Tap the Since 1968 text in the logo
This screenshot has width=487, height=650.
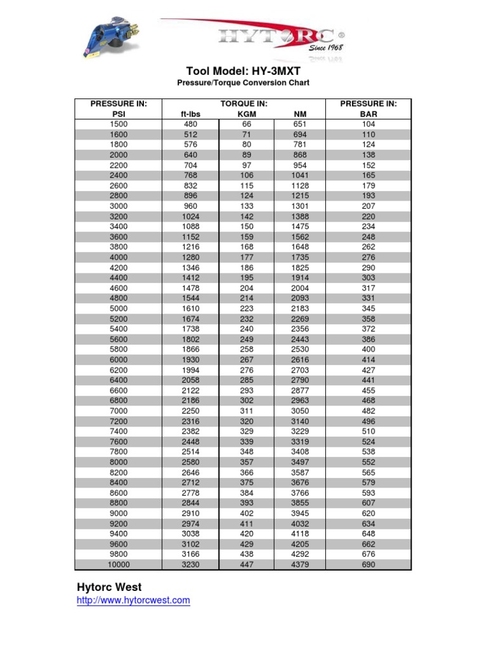[x=326, y=48]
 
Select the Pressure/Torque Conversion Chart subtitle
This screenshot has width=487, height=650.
[x=243, y=83]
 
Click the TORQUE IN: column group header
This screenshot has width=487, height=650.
[x=243, y=103]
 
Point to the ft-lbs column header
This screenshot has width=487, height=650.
[x=190, y=114]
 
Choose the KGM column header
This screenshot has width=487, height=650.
[x=246, y=114]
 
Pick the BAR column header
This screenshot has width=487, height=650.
[x=368, y=114]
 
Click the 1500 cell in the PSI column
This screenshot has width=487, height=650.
[x=119, y=124]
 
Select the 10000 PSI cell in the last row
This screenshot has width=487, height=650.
[x=119, y=564]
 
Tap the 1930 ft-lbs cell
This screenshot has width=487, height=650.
[x=190, y=360]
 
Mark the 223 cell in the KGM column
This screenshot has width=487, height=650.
[x=246, y=308]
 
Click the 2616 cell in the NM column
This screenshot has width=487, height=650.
[x=300, y=360]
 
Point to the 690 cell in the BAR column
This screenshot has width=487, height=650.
[x=368, y=564]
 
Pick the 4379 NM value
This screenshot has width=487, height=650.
[x=300, y=564]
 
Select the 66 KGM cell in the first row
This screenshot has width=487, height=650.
[x=246, y=124]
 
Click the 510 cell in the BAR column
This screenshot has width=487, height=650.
[x=368, y=431]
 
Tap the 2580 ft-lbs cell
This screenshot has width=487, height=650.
[x=190, y=462]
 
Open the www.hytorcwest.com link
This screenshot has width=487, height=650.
[x=133, y=600]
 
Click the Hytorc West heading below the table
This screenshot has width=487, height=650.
[x=109, y=587]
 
